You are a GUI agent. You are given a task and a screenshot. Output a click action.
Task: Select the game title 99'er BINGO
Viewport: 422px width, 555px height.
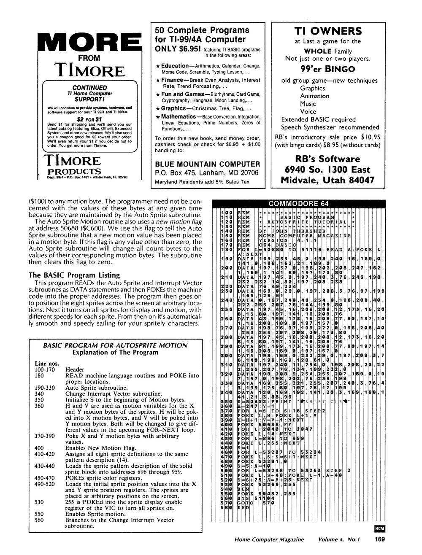pos(327,69)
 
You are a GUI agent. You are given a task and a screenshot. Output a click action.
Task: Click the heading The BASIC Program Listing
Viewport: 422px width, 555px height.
pos(74,275)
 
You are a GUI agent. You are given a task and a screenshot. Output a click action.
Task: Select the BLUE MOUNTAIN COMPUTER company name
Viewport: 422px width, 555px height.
pos(208,164)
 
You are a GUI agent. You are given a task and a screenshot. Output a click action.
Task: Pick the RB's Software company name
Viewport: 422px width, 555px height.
pos(327,159)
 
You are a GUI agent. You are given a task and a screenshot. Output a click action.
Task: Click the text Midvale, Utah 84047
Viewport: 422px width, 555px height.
pos(327,180)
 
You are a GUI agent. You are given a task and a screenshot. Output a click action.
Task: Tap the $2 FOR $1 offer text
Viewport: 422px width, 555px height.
pos(89,119)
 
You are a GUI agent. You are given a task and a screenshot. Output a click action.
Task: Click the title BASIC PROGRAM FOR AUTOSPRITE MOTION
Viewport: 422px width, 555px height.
pos(115,345)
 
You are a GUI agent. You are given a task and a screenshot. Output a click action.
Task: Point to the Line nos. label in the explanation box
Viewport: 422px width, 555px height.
pos(46,363)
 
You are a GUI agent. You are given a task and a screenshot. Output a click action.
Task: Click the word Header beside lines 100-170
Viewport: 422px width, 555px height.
pos(75,369)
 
